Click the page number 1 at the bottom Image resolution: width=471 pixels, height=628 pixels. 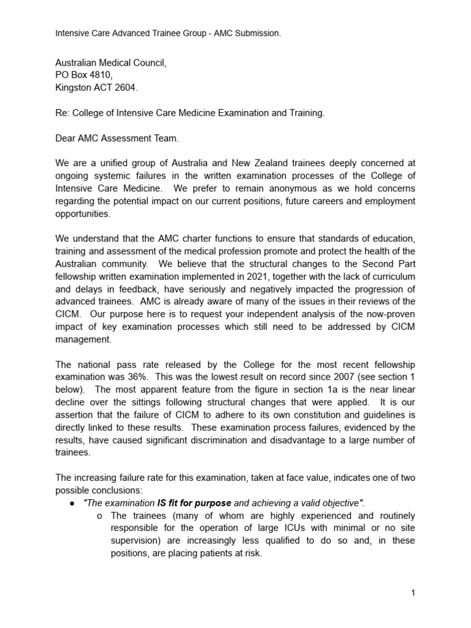pyautogui.click(x=413, y=593)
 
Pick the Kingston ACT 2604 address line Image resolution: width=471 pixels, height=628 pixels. pyautogui.click(x=97, y=88)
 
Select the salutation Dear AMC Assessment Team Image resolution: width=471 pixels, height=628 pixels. pyautogui.click(x=117, y=139)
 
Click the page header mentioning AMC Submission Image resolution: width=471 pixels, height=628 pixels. pyautogui.click(x=168, y=33)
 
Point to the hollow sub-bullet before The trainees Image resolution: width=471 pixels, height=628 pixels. pyautogui.click(x=100, y=516)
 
